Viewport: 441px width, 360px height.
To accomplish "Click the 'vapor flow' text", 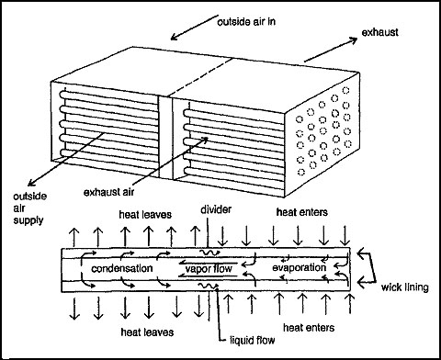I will click(214, 269).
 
